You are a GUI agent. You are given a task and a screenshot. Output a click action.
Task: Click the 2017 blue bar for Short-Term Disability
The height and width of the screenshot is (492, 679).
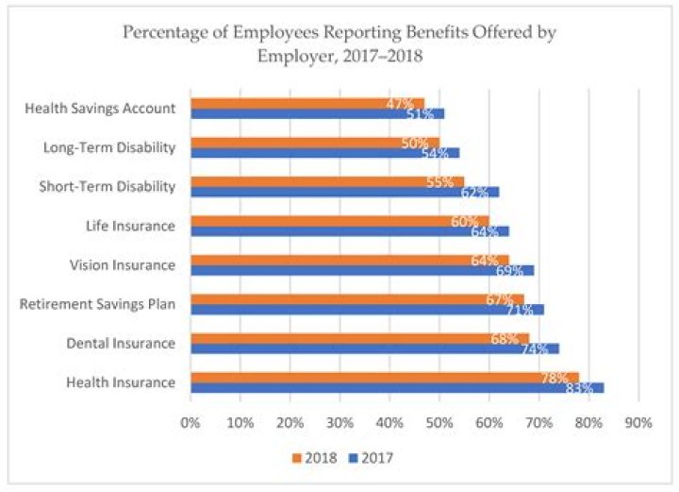pyautogui.click(x=339, y=192)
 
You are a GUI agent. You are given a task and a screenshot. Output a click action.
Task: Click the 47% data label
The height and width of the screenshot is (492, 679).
pyautogui.click(x=400, y=103)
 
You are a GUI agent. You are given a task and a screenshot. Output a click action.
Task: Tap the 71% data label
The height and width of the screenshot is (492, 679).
pyautogui.click(x=519, y=310)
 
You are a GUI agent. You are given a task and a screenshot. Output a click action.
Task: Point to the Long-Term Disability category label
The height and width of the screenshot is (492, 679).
pyautogui.click(x=109, y=146)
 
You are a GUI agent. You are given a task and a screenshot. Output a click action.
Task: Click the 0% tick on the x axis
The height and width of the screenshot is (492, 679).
pyautogui.click(x=190, y=422)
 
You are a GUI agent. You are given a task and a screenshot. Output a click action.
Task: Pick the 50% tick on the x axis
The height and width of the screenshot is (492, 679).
pyautogui.click(x=439, y=422)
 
